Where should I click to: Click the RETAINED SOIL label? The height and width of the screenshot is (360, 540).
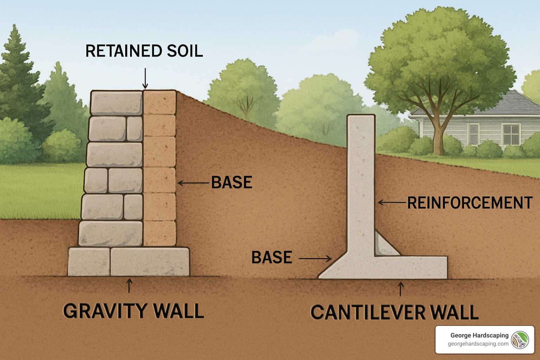pos(144,51)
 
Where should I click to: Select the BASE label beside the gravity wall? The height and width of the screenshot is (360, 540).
pos(232,182)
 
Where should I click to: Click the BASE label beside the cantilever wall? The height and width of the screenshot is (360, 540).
pos(272,258)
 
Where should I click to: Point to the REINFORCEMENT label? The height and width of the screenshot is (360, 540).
pos(470,203)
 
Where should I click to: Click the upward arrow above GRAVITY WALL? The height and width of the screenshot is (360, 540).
pos(129,285)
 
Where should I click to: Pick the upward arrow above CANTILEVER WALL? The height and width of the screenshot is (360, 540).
pos(400,289)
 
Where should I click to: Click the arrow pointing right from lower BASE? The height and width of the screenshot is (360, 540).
pos(315,259)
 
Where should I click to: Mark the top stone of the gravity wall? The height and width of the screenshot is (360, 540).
pos(116,103)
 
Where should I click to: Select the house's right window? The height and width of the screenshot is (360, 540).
pos(511,134)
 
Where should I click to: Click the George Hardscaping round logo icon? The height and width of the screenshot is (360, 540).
pos(520,340)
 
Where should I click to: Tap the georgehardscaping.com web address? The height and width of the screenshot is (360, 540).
pos(478,344)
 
